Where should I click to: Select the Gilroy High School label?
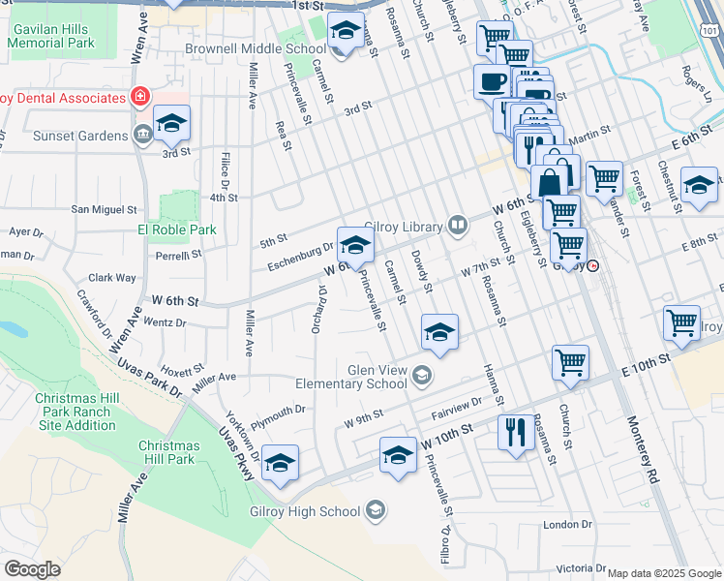[x=305, y=511]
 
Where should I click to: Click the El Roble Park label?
[x=177, y=230]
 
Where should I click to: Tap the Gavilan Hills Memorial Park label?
[x=52, y=37]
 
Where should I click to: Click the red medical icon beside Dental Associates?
[x=140, y=97]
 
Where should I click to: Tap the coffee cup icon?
[x=491, y=81]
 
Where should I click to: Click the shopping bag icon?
[x=549, y=181]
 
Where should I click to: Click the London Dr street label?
[x=567, y=524]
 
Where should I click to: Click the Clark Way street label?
[x=112, y=277]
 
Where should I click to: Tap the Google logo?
[x=32, y=568]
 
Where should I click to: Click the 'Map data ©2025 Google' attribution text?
[x=664, y=573]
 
